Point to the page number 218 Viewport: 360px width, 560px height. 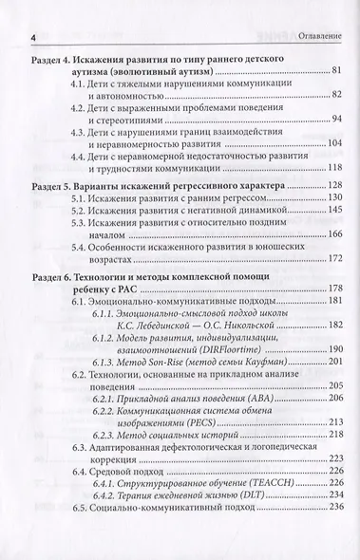332,459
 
